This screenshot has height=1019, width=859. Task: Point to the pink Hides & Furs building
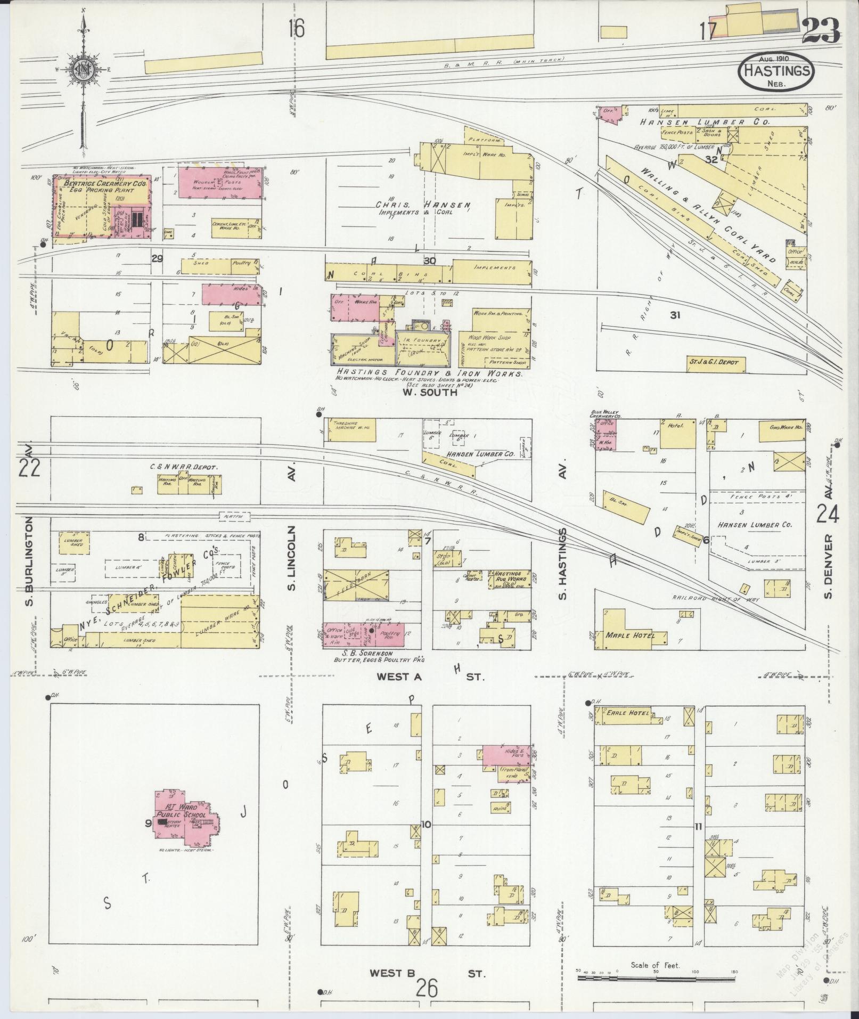click(x=506, y=756)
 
